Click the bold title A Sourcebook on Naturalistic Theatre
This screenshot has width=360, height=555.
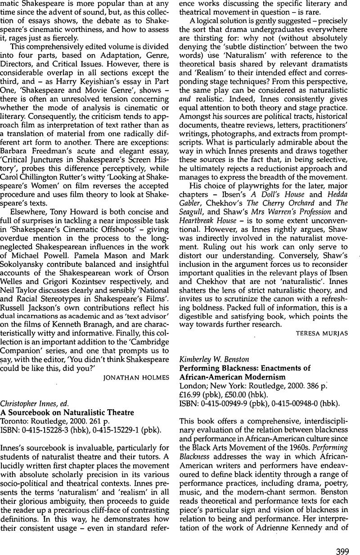[67, 412]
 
